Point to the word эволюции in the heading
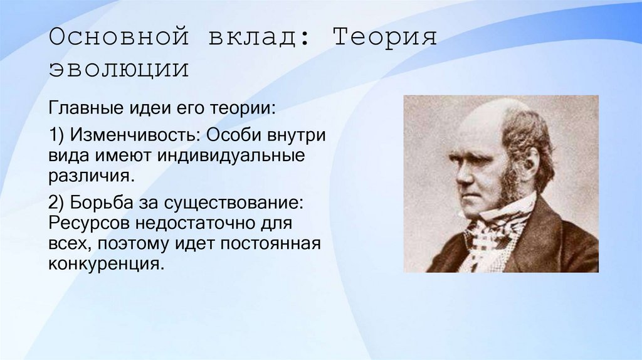coord(118,69)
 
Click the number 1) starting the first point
coord(57,135)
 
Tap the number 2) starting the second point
coord(57,203)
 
